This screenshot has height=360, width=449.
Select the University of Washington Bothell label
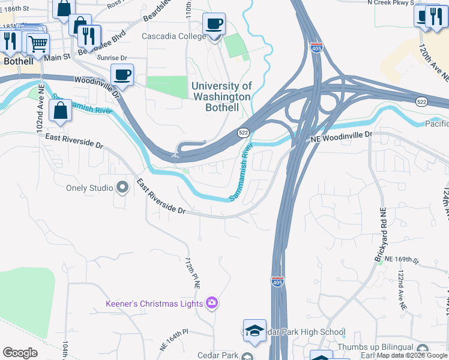click(221, 97)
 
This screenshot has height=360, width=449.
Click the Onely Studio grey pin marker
click(123, 188)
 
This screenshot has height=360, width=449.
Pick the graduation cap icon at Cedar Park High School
click(255, 331)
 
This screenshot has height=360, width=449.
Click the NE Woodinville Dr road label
click(341, 137)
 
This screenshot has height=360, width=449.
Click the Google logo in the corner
click(20, 353)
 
